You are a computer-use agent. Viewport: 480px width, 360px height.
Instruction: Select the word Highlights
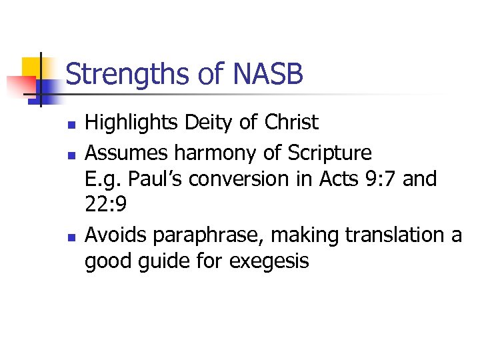click(x=132, y=123)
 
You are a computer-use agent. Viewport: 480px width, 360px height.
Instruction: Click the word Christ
click(x=291, y=123)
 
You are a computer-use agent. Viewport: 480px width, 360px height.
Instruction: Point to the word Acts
click(x=335, y=179)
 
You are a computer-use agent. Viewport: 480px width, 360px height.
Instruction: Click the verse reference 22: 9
click(x=105, y=205)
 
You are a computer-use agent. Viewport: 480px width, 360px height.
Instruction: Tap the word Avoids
click(x=116, y=235)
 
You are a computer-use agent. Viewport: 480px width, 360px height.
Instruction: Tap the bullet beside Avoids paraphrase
click(x=69, y=236)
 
